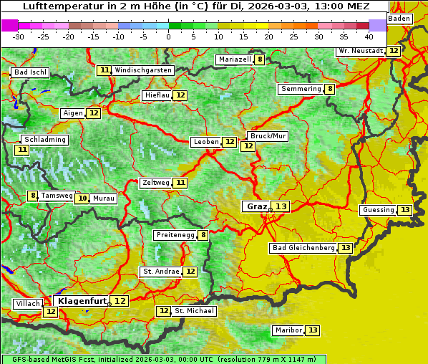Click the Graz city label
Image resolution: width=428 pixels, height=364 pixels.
256,206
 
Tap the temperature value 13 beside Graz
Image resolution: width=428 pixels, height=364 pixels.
281,206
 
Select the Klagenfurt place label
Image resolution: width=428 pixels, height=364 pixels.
82,301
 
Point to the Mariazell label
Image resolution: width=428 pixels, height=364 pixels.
235,59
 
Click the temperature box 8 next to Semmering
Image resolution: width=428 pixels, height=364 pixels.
329,89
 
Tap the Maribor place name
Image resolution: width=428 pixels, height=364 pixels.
287,330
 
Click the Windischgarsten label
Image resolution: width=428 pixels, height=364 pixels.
143,70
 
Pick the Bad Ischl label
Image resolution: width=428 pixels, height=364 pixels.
30,72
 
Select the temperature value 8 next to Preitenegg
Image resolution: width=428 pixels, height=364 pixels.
203,234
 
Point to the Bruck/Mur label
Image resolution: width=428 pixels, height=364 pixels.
267,136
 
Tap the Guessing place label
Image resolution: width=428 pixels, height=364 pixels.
378,210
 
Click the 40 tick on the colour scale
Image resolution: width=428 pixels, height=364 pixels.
369,36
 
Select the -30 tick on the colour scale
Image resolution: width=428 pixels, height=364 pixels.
19,36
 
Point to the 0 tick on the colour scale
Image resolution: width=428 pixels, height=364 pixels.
169,36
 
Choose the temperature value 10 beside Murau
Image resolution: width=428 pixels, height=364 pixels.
82,198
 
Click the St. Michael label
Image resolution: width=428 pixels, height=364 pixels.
194,311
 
